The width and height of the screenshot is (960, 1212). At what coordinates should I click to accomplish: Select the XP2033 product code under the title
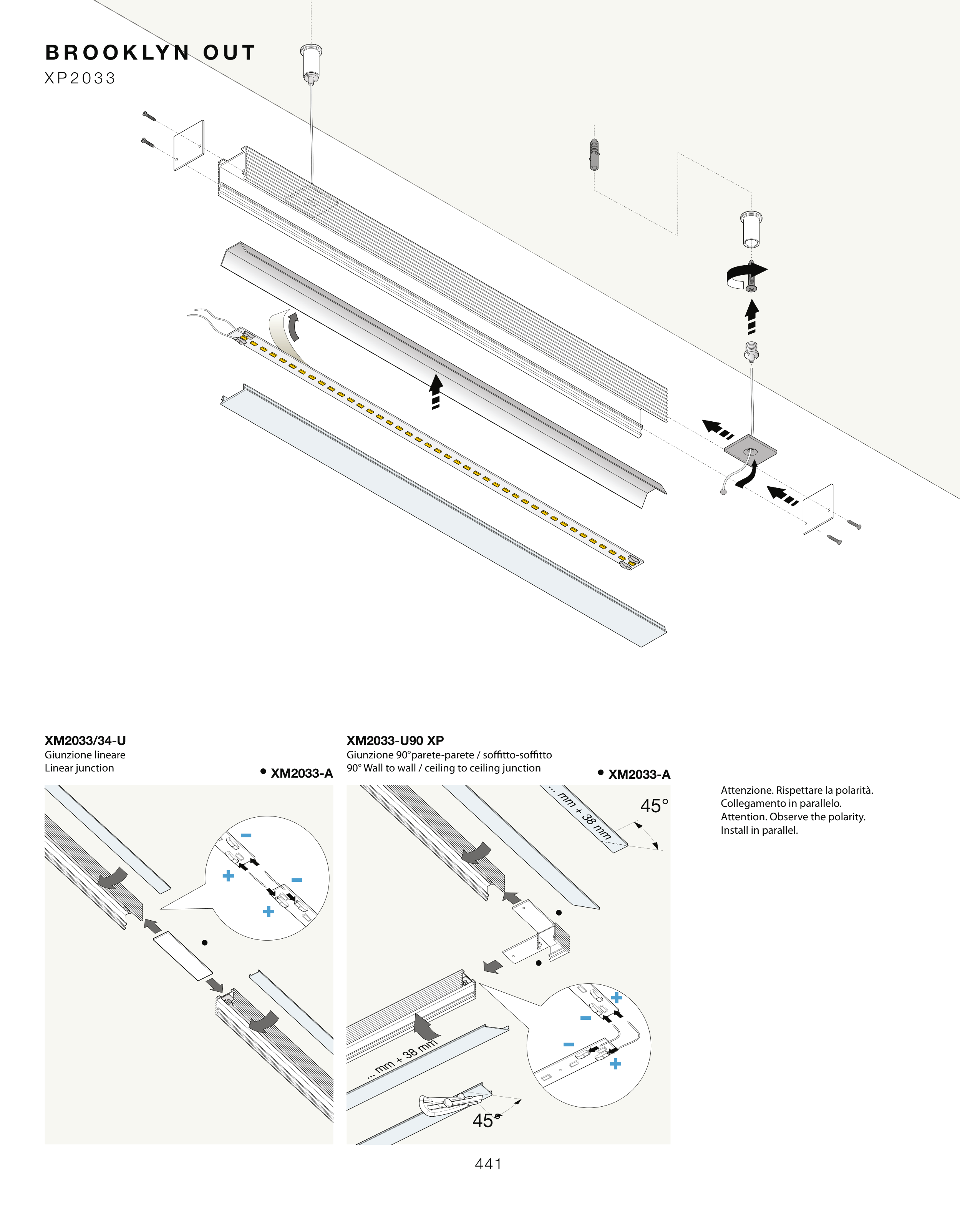point(80,78)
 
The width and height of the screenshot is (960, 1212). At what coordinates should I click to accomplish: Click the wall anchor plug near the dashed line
point(594,154)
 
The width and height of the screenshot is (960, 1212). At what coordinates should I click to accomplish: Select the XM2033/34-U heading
point(85,740)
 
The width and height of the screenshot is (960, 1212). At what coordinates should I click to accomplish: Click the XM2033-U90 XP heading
point(395,740)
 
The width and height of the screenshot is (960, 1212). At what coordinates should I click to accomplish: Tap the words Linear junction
point(79,768)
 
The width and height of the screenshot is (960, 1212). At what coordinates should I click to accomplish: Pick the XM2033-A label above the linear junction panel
point(302,773)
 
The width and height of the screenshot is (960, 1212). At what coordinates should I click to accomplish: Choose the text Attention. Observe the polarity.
point(793,817)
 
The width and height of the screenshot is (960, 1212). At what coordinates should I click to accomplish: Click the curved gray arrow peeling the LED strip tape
point(293,327)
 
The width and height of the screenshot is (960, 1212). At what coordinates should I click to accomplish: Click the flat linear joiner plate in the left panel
point(182,956)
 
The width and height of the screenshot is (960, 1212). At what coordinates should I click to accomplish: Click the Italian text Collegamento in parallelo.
point(781,803)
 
